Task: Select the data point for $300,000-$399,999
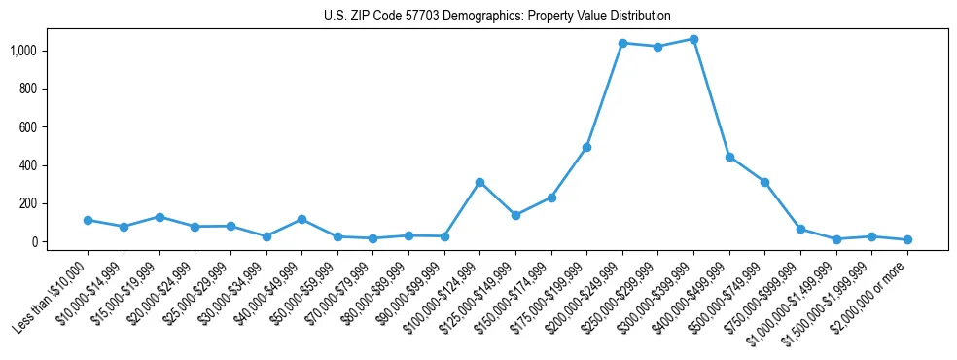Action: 693,39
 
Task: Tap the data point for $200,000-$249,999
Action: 622,43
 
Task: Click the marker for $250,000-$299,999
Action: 657,47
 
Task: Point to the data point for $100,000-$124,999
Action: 479,182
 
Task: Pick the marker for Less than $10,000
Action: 88,220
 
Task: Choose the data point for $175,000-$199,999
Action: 586,147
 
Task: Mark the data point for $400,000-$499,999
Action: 729,157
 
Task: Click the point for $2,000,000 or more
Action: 907,239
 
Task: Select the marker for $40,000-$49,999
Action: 301,219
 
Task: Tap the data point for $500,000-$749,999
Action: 764,182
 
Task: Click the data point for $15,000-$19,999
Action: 159,217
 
